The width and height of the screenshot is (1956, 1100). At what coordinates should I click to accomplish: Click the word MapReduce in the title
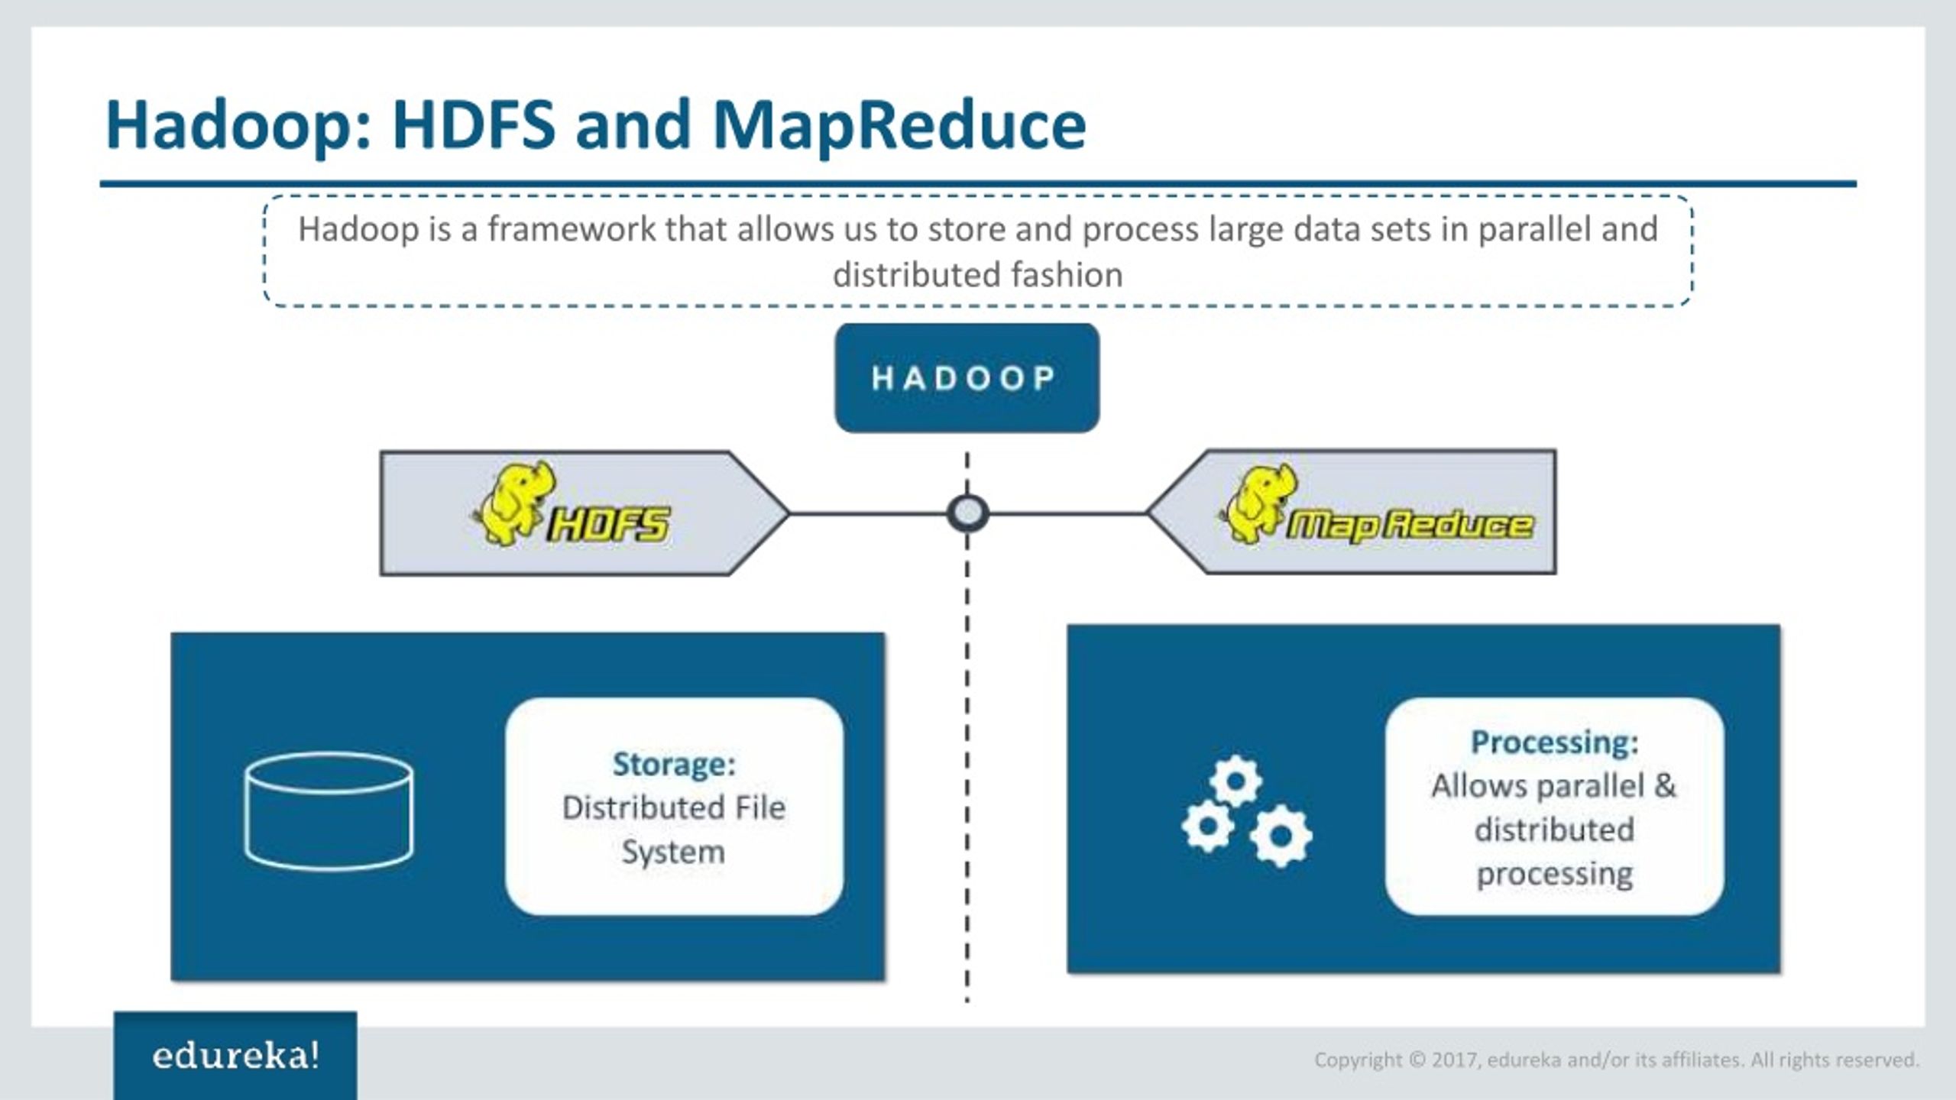click(899, 125)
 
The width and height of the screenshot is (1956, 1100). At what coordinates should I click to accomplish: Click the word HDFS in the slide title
click(473, 125)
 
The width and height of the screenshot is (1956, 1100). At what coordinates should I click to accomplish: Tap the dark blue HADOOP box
click(967, 378)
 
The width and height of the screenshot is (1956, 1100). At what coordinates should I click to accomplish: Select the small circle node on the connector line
click(967, 513)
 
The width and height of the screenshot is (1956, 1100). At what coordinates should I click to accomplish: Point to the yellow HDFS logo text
click(609, 525)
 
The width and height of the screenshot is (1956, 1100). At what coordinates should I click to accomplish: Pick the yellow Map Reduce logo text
click(1410, 526)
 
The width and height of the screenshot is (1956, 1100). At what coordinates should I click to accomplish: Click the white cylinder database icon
click(329, 811)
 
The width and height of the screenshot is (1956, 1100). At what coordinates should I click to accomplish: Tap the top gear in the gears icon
click(1235, 781)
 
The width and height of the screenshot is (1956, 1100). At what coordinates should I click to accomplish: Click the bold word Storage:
click(674, 764)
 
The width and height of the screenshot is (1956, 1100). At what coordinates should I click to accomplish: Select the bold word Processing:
click(1554, 742)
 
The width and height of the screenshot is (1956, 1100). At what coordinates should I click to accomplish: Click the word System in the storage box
click(673, 852)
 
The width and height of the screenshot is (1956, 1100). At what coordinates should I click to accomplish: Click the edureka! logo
click(235, 1056)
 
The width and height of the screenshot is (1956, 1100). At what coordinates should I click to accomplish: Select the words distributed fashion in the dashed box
click(977, 275)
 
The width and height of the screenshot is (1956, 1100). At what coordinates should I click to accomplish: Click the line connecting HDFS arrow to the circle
click(867, 513)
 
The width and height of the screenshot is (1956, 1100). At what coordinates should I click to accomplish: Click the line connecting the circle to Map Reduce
click(1068, 513)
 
